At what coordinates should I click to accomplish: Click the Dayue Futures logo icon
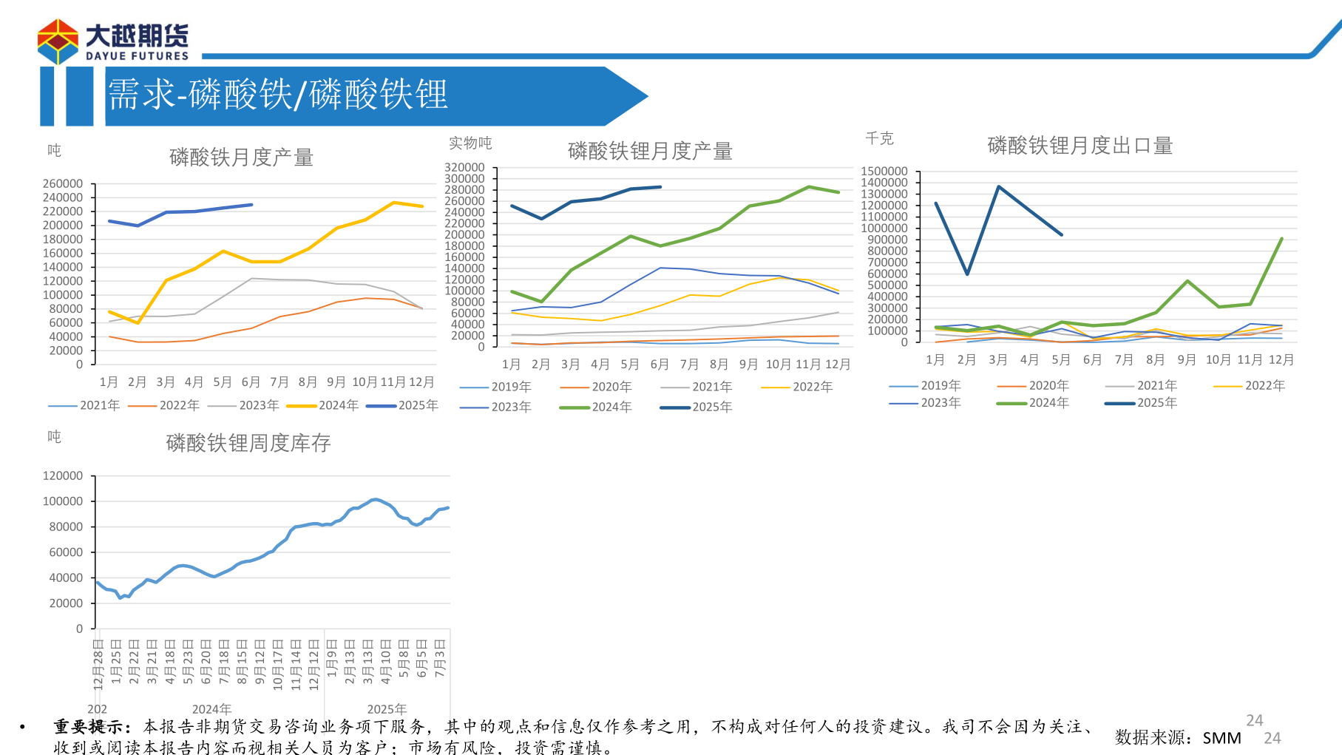point(58,41)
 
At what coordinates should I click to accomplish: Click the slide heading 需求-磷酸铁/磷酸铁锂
point(278,95)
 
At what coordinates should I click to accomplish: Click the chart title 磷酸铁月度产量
point(241,157)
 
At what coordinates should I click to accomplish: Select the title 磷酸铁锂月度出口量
point(1080,146)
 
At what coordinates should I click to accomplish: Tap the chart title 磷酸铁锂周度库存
point(248,443)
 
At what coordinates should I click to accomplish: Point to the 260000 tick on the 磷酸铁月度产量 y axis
point(63,183)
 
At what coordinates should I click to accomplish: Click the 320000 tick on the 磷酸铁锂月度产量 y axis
point(464,168)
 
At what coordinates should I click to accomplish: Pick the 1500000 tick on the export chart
point(884,172)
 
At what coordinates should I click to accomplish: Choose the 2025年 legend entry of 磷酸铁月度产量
point(403,405)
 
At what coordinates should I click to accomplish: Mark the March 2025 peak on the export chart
point(998,186)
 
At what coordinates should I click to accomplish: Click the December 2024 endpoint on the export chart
point(1281,239)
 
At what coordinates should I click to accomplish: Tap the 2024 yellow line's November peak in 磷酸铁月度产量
point(393,202)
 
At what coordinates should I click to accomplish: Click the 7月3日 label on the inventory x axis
point(440,658)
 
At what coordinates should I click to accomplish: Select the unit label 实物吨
point(470,143)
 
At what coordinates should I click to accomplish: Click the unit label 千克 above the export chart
point(879,138)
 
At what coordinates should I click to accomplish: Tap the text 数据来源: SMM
point(1177,737)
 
